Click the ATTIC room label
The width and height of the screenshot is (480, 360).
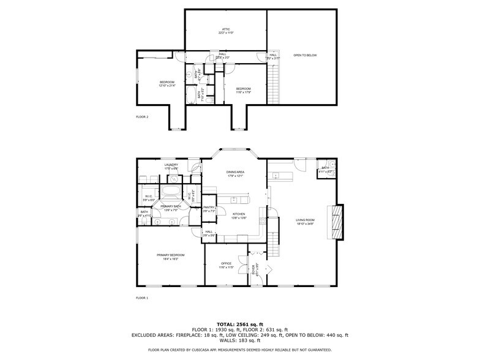225,30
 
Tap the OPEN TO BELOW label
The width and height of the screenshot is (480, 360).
304,55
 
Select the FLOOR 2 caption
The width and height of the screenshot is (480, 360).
142,116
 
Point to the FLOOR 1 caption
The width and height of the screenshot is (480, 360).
142,298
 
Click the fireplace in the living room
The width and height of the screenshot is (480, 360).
336,222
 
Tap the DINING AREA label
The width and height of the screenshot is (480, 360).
235,174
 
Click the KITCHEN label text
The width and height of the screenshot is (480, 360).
238,215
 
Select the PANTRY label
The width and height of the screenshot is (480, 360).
209,208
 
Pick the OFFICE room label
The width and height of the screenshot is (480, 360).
227,264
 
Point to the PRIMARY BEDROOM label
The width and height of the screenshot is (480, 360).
170,256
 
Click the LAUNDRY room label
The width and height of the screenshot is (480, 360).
171,165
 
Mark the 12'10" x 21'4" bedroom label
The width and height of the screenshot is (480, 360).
167,83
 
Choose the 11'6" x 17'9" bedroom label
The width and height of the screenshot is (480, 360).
243,91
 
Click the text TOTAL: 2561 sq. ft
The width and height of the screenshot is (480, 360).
239,324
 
